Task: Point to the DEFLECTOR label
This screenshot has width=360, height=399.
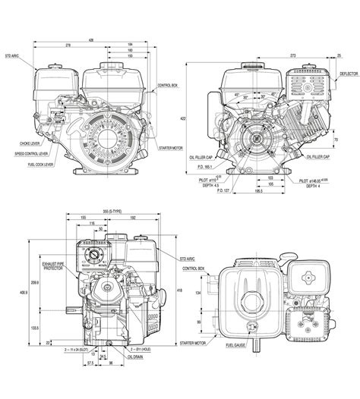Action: [346, 74]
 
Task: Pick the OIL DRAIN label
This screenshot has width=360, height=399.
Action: [134, 357]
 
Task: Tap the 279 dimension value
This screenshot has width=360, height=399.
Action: [69, 46]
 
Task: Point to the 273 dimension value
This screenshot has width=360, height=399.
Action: [292, 56]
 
